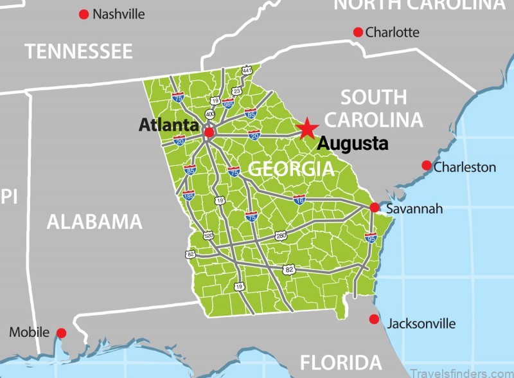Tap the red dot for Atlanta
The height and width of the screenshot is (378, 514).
tap(209, 132)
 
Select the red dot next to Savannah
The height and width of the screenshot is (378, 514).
tap(375, 207)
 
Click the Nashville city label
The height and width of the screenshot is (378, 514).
tap(119, 14)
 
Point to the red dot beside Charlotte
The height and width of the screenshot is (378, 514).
tap(359, 32)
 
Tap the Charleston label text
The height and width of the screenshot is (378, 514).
tap(465, 167)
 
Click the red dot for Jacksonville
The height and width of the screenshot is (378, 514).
tap(374, 319)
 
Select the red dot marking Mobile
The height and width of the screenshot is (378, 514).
tap(62, 332)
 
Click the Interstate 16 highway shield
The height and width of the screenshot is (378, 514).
tap(299, 200)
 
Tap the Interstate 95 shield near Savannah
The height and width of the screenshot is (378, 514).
tap(371, 237)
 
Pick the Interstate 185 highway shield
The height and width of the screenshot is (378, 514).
tap(188, 194)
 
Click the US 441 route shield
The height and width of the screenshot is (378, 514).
tap(247, 69)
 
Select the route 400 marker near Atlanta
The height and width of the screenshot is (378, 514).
tap(209, 114)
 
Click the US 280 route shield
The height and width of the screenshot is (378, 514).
tap(280, 235)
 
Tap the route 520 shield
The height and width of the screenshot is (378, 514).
tap(208, 235)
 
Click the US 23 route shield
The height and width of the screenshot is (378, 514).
tap(236, 91)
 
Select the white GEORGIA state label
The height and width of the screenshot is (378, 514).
tap(291, 169)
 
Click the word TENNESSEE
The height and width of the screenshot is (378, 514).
tap(78, 51)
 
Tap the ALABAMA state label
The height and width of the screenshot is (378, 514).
tap(94, 222)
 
